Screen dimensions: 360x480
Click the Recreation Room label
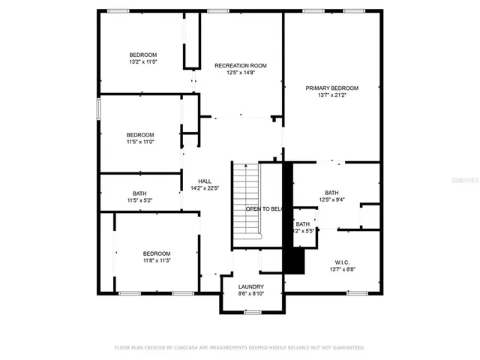click(241, 66)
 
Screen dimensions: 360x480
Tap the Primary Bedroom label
click(331, 88)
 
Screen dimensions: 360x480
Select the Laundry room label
click(250, 287)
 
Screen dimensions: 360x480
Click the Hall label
click(204, 181)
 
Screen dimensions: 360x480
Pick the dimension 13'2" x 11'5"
click(142, 62)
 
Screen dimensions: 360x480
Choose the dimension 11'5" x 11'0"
click(140, 142)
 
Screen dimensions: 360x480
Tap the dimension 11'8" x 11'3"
click(157, 261)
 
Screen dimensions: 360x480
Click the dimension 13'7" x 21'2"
click(331, 95)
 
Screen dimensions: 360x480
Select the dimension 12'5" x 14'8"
click(241, 73)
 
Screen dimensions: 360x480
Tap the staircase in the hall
click(245, 199)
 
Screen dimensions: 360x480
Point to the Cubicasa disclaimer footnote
click(239, 347)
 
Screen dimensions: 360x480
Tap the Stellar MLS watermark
click(466, 181)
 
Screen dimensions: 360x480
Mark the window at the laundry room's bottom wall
click(253, 311)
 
